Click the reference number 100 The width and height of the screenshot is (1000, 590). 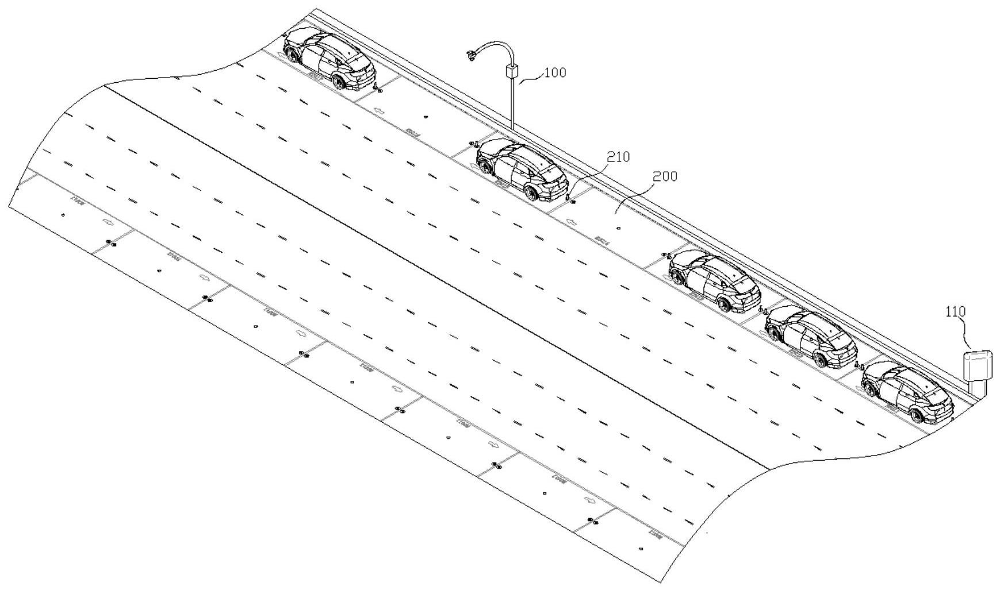(555, 73)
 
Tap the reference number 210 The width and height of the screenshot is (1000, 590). (618, 157)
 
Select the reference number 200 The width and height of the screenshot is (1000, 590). (665, 176)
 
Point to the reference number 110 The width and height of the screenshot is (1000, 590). (956, 312)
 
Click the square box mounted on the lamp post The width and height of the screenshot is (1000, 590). (512, 72)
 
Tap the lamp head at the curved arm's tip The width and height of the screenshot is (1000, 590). (472, 55)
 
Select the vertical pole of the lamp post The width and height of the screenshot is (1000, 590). (511, 103)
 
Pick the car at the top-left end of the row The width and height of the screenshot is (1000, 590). (329, 59)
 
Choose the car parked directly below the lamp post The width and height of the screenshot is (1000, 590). (522, 169)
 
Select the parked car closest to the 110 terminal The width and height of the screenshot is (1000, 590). (907, 392)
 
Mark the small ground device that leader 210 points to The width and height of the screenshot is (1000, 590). (571, 200)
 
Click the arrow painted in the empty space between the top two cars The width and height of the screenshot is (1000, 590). (379, 110)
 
